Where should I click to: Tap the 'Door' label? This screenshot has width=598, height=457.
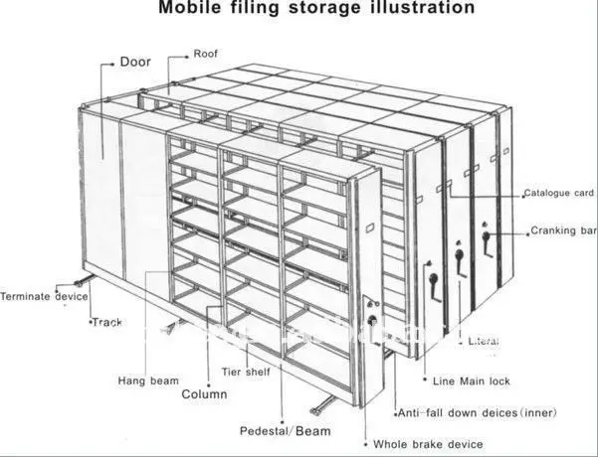(x=135, y=62)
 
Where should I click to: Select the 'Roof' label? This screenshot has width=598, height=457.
(x=206, y=54)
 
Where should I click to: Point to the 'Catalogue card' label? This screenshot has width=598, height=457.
(x=559, y=193)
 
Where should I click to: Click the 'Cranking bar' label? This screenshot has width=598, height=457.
(x=563, y=231)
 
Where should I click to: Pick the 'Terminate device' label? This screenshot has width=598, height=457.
(x=44, y=295)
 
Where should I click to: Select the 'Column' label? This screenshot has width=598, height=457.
(x=204, y=394)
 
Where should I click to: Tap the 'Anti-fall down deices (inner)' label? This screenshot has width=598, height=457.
(x=478, y=412)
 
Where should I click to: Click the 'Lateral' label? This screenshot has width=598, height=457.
(x=483, y=341)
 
